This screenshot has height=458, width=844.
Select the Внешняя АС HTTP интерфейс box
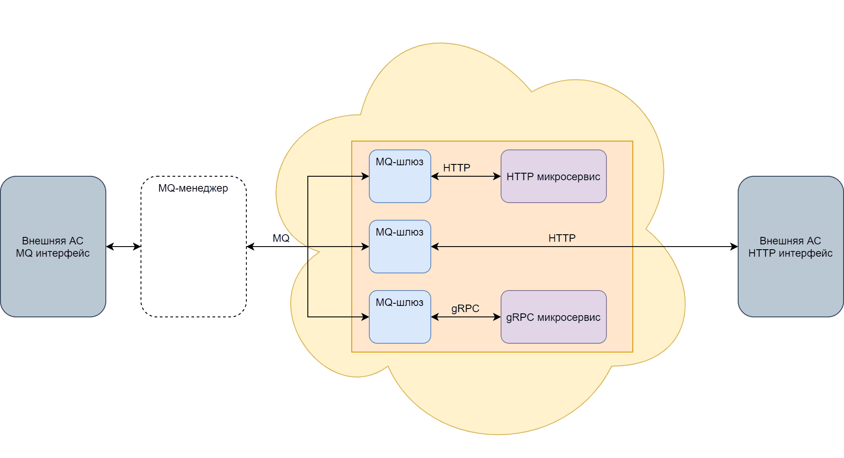coord(790,277)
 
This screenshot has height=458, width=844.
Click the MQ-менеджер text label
coord(193,188)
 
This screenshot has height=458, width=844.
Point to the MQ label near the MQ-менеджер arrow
coord(281,238)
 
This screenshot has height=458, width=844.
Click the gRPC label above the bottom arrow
coord(465,309)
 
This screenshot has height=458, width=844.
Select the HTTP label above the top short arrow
coord(457,168)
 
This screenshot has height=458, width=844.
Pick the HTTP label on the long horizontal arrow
coord(562,238)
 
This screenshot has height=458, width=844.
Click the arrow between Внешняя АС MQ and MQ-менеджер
coord(123,247)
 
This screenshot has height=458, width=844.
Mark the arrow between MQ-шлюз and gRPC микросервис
coord(466,317)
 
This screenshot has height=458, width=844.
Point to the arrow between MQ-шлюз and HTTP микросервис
coord(466,176)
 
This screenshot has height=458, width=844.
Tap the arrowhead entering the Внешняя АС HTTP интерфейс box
coord(734,247)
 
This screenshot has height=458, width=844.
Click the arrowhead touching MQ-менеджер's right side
coord(250,247)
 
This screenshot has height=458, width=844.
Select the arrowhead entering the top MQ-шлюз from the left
coord(365,176)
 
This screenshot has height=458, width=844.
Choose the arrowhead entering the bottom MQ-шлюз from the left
coord(365,317)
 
